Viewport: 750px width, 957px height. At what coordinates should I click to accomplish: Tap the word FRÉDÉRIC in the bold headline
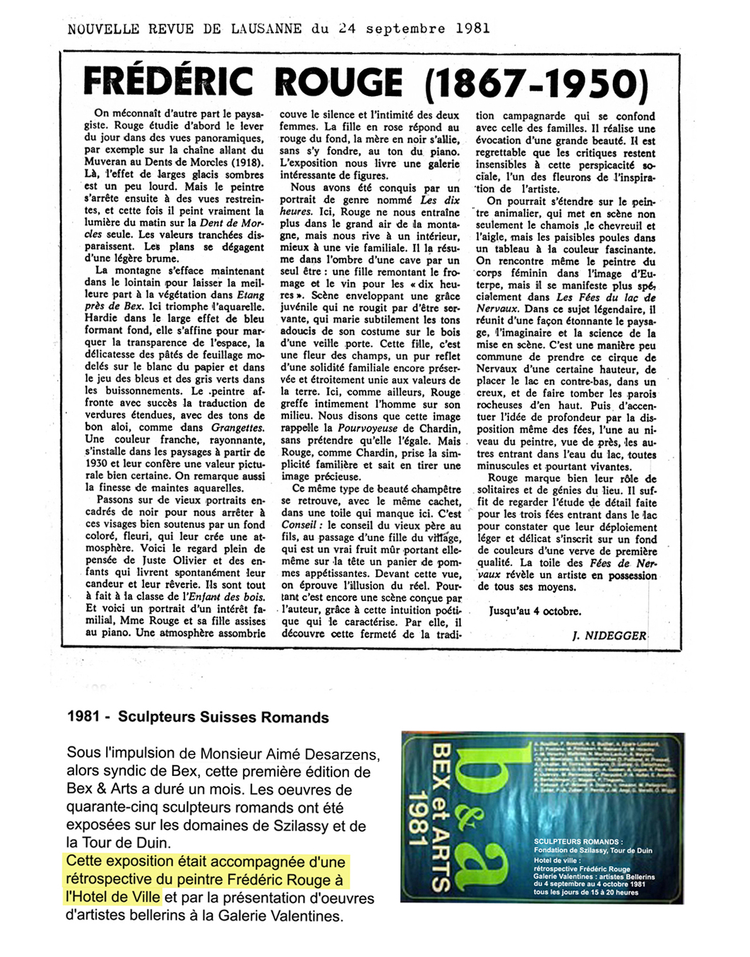click(x=169, y=82)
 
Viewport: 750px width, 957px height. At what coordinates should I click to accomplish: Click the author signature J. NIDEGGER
click(x=609, y=636)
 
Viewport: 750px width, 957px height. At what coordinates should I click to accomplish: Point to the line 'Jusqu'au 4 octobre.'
click(x=535, y=611)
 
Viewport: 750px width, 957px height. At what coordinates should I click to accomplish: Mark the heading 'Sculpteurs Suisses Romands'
click(x=223, y=717)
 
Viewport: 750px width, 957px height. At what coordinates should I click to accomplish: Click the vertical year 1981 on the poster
click(x=417, y=819)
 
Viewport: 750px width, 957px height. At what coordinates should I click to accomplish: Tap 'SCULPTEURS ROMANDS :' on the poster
click(x=577, y=842)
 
